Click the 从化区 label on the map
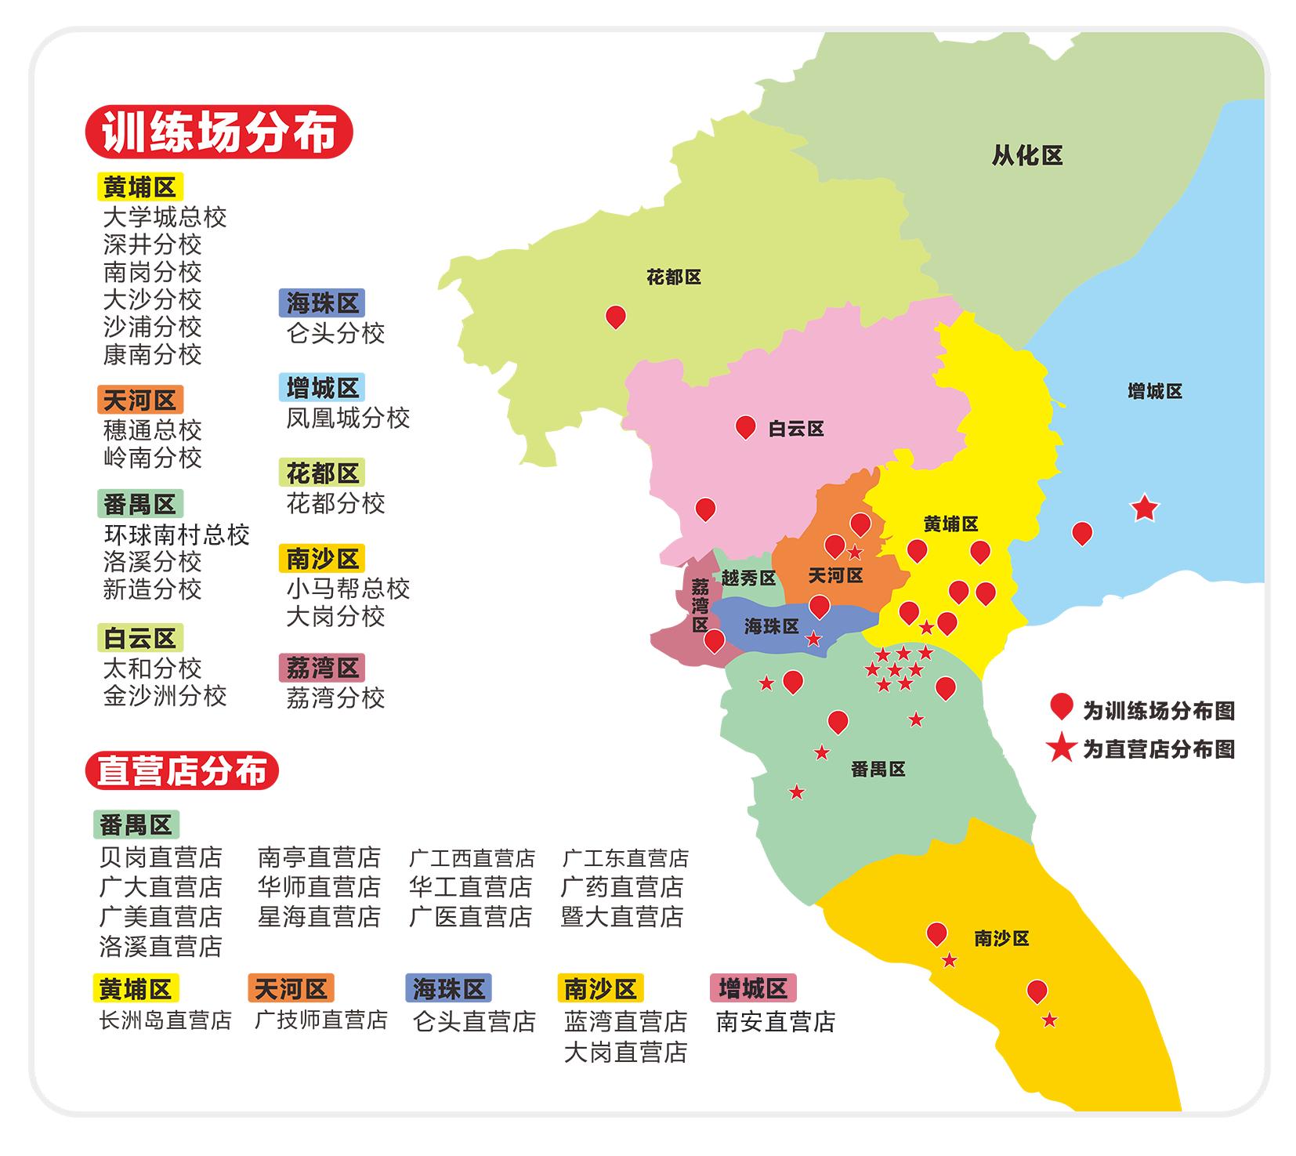1026,156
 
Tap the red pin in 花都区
616,317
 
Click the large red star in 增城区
1144,508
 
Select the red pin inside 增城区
1081,533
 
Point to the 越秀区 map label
748,578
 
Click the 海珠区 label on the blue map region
772,626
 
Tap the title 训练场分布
219,132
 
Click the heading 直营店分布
182,771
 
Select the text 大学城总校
165,217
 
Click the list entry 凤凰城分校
347,418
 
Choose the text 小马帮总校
347,589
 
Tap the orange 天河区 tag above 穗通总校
140,400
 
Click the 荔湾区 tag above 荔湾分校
322,668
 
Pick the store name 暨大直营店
622,916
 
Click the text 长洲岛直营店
165,1020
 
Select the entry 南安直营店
775,1021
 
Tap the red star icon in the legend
1062,748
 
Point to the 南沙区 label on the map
1001,938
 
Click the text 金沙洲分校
165,696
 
